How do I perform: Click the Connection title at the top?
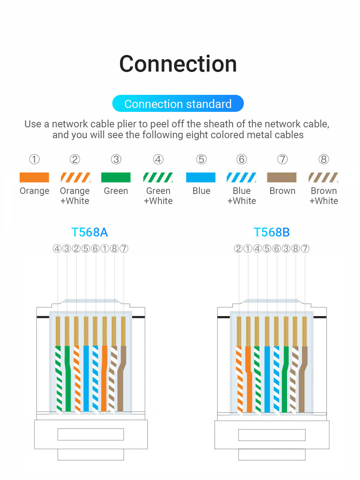tap(178, 63)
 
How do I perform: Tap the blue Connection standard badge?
tap(178, 104)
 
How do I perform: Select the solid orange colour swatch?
tap(34, 177)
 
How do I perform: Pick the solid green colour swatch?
tap(116, 177)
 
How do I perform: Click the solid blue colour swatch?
tap(201, 177)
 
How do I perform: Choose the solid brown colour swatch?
tap(281, 177)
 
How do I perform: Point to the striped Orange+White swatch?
tap(75, 177)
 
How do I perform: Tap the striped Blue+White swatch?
tap(241, 177)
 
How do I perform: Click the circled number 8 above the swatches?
tap(324, 159)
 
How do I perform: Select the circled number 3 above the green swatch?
tap(116, 159)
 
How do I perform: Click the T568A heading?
tap(89, 232)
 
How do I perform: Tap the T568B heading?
tap(271, 232)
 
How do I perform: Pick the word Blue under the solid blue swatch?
tap(201, 191)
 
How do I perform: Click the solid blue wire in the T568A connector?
tap(86, 379)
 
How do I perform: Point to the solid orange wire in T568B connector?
tap(248, 379)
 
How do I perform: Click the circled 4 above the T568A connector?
tap(57, 249)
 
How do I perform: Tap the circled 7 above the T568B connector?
tap(305, 249)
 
